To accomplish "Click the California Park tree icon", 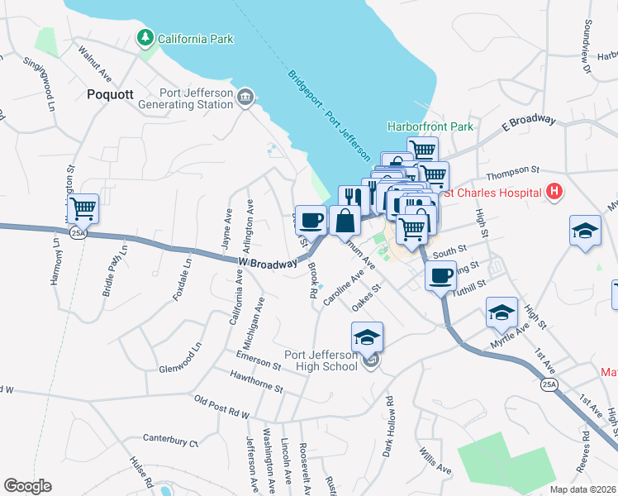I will (x=146, y=38).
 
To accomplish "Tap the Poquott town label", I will (x=110, y=94).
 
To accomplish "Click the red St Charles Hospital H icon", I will (x=554, y=193).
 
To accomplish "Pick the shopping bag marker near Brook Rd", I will (x=345, y=222).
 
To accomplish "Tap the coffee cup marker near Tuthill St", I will (x=441, y=274).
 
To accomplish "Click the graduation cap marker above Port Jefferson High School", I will (x=368, y=336).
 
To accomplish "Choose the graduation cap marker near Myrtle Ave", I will (x=502, y=312).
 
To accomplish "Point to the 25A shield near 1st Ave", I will (x=549, y=384).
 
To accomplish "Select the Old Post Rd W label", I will (x=221, y=405).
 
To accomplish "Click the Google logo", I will (x=27, y=486).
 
